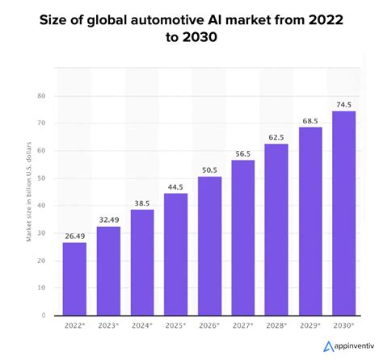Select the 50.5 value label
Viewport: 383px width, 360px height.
point(209,170)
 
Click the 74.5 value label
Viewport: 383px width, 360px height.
point(344,104)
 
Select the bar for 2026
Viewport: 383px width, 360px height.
point(209,245)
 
